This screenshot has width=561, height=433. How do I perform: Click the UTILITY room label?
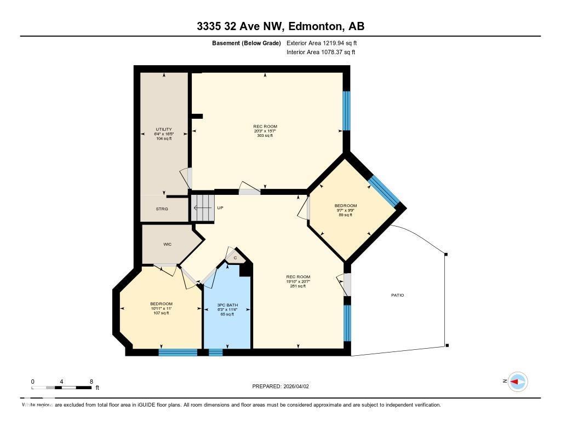coord(163,129)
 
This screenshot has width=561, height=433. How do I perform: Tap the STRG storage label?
coord(162,209)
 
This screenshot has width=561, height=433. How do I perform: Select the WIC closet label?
coord(168,244)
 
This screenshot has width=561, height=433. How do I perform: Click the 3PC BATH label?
coord(227,304)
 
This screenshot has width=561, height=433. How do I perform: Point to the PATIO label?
coord(397,295)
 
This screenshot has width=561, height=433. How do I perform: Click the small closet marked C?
coord(235,257)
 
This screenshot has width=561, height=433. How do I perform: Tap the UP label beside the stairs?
coord(220,208)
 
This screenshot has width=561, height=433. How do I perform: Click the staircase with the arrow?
coord(202,208)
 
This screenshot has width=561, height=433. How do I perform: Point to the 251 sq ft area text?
coord(298,286)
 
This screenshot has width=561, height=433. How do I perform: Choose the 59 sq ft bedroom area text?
coord(345,215)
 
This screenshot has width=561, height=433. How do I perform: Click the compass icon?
coord(517,382)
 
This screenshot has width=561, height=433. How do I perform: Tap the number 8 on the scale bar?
coord(91,382)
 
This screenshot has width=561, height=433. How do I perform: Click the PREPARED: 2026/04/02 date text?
coord(280,386)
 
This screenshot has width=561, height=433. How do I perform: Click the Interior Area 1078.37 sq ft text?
coord(320,52)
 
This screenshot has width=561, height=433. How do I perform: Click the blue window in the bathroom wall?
coord(216,352)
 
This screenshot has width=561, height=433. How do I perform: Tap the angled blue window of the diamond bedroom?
coord(383,191)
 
